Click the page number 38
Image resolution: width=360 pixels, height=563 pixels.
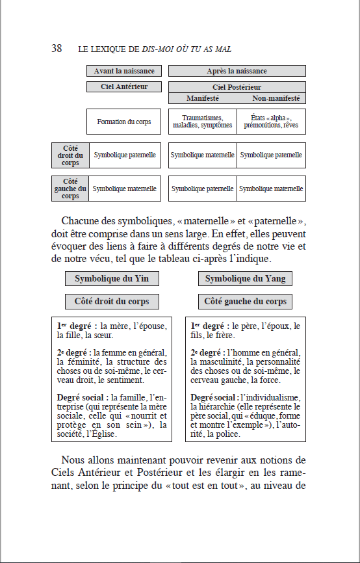(x=57, y=49)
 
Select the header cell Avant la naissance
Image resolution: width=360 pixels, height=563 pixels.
(x=123, y=71)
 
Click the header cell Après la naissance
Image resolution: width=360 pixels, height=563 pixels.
(x=237, y=71)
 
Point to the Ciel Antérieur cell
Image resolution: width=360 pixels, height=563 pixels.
(x=123, y=86)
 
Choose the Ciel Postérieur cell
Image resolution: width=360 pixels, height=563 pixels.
(x=237, y=87)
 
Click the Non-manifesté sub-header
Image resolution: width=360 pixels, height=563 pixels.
(x=276, y=98)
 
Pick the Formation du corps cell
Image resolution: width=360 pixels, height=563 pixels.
(x=123, y=122)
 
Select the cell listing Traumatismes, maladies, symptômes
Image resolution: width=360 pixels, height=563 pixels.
(x=202, y=122)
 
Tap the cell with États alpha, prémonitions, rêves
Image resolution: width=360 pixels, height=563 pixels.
(x=271, y=122)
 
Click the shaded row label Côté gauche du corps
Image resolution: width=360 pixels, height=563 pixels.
(x=70, y=189)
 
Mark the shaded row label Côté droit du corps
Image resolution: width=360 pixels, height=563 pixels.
(x=70, y=155)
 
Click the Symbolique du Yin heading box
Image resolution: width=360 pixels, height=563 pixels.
(x=112, y=278)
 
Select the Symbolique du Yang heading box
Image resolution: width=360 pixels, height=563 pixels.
(x=244, y=278)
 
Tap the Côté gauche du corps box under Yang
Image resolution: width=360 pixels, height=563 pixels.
(x=244, y=302)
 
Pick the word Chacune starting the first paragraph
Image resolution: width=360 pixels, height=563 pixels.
(x=84, y=220)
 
